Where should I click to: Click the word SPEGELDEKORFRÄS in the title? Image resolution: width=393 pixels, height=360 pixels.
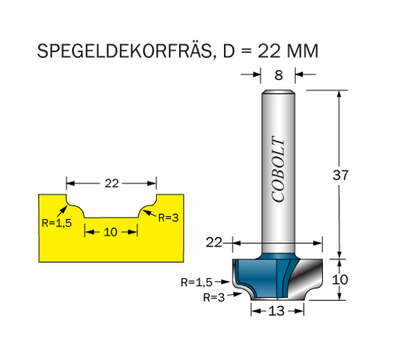pyautogui.click(x=125, y=52)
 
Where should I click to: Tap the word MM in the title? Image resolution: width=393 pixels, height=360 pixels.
pyautogui.click(x=303, y=51)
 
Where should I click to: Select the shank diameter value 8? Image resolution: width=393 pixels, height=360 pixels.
pyautogui.click(x=278, y=75)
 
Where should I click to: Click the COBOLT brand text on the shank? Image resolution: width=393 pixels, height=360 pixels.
pyautogui.click(x=278, y=169)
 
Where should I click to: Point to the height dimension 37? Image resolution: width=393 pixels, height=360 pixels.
pyautogui.click(x=340, y=175)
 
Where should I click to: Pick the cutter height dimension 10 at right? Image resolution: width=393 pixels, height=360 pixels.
pyautogui.click(x=340, y=279)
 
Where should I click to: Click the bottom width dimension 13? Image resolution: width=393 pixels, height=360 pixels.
pyautogui.click(x=276, y=311)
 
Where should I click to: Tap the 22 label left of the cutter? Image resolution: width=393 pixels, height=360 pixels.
pyautogui.click(x=214, y=243)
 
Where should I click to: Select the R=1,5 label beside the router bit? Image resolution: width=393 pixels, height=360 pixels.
pyautogui.click(x=196, y=282)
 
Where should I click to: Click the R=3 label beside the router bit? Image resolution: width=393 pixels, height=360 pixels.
pyautogui.click(x=214, y=297)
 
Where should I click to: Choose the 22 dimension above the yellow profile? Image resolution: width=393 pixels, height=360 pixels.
pyautogui.click(x=112, y=184)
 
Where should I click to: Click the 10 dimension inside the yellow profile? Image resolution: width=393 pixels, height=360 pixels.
pyautogui.click(x=110, y=232)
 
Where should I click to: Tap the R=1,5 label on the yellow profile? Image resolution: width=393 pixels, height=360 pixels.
pyautogui.click(x=57, y=223)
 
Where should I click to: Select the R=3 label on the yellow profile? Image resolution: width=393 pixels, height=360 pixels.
pyautogui.click(x=168, y=218)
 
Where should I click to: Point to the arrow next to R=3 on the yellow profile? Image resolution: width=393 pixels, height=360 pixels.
pyautogui.click(x=150, y=213)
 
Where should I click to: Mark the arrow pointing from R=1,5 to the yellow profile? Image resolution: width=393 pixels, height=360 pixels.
pyautogui.click(x=62, y=210)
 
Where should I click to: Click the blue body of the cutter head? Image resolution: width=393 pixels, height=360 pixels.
pyautogui.click(x=258, y=276)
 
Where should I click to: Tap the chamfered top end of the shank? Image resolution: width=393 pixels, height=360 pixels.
pyautogui.click(x=278, y=92)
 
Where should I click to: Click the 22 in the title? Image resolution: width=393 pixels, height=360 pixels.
pyautogui.click(x=269, y=51)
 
